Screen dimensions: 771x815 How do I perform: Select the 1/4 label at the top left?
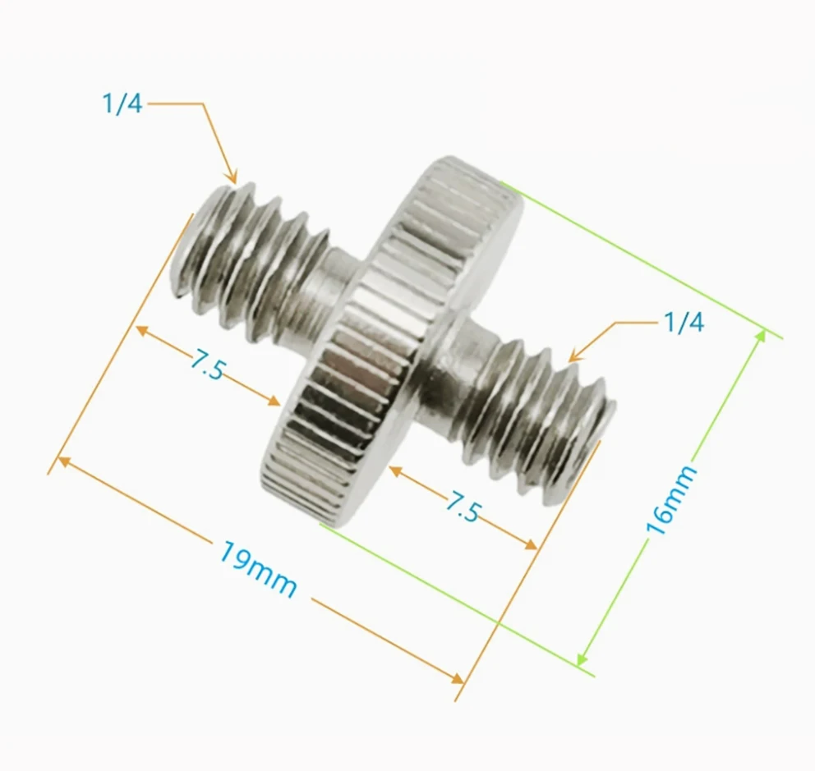point(122,105)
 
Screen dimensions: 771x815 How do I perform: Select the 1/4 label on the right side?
point(684,323)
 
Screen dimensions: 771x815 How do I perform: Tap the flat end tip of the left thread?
point(182,246)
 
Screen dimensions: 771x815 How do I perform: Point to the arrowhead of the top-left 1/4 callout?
point(233,178)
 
